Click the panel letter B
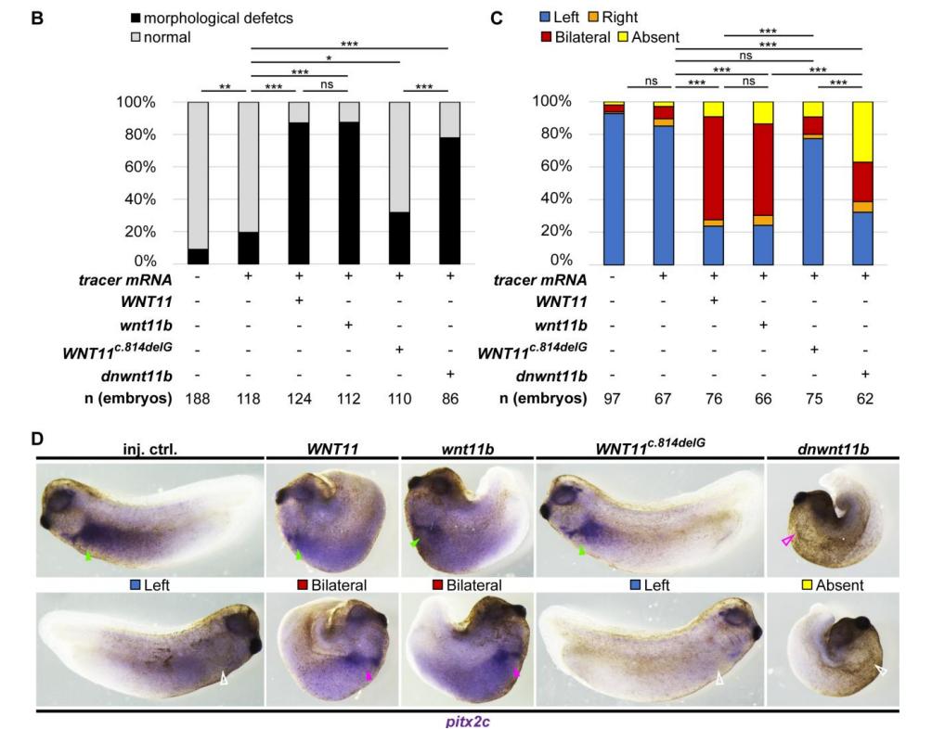point(37,19)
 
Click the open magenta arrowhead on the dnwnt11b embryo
point(789,541)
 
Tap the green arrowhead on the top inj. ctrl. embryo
point(87,556)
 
